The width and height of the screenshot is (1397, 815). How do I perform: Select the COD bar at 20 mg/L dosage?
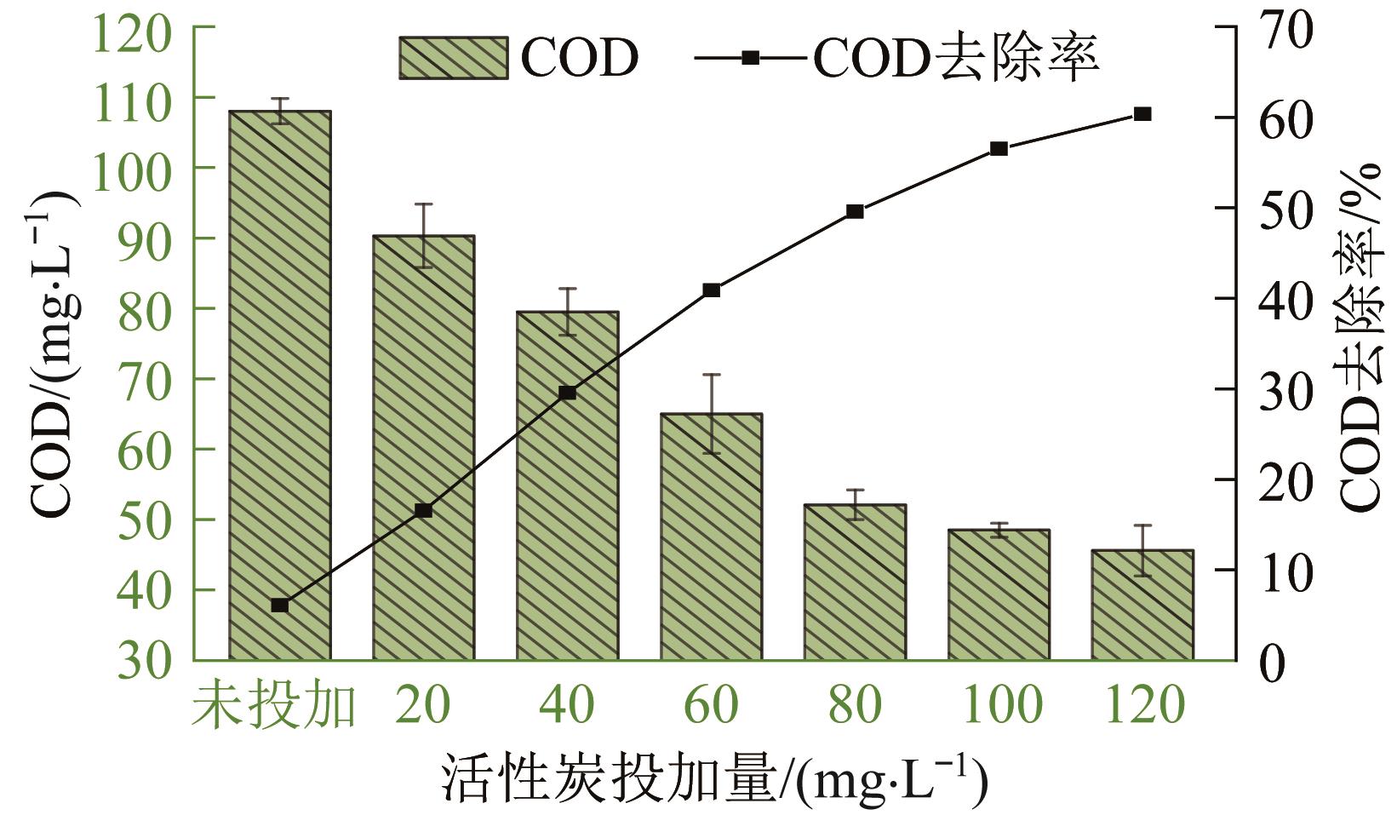(423, 447)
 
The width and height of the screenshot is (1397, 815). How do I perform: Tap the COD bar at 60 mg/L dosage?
(711, 537)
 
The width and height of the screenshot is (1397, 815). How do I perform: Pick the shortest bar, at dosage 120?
(1142, 605)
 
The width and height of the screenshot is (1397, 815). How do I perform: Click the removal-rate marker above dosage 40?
(568, 393)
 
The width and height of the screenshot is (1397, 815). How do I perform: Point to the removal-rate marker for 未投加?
(280, 606)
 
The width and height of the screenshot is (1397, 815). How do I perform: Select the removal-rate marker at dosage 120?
(1142, 114)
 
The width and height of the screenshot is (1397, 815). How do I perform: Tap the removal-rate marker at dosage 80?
(856, 211)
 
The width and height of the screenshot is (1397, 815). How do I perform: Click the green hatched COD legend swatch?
(454, 58)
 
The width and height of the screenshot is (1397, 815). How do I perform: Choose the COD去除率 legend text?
(956, 58)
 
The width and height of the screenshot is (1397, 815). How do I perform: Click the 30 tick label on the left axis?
(143, 661)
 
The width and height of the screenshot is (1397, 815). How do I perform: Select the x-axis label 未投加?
(272, 705)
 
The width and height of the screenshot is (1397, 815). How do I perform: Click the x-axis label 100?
(999, 705)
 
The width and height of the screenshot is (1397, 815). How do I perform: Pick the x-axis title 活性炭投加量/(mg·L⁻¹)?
(713, 778)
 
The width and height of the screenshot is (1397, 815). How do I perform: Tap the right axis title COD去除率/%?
(1360, 336)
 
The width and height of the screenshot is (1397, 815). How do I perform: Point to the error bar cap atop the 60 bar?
(711, 374)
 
